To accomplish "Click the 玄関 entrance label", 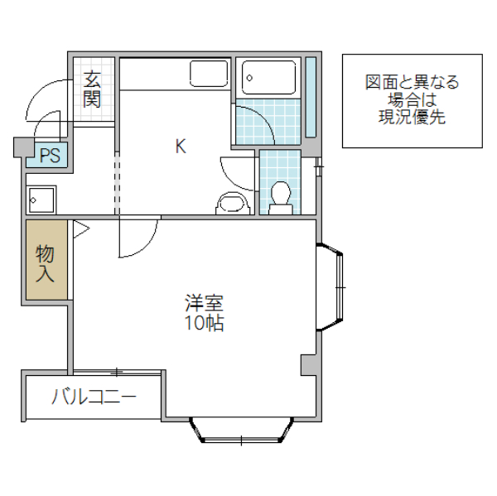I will click(92, 89).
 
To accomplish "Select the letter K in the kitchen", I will click(180, 147).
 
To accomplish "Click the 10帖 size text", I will click(204, 324).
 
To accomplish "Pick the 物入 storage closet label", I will click(46, 263).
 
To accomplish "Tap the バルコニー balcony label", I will click(94, 397).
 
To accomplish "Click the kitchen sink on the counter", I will click(209, 74).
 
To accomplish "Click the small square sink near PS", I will click(41, 200).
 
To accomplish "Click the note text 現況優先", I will click(412, 118).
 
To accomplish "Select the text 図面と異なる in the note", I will click(412, 82).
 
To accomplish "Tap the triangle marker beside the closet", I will click(80, 229).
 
